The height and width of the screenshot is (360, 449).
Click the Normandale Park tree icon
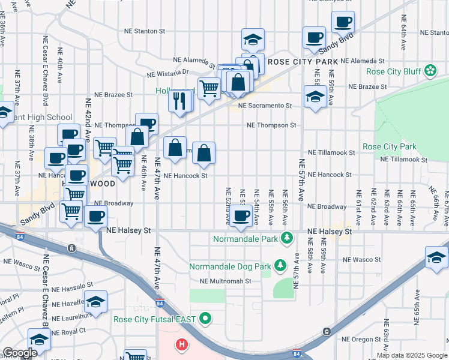pyautogui.click(x=287, y=239)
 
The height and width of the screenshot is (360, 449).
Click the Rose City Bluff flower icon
pyautogui.click(x=430, y=71)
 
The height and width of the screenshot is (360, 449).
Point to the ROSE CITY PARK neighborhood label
pyautogui.click(x=303, y=62)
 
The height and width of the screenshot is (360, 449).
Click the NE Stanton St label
pyautogui.click(x=144, y=31)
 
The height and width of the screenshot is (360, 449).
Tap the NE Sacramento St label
pyautogui.click(x=265, y=106)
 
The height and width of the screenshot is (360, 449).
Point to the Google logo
pyautogui.click(x=19, y=353)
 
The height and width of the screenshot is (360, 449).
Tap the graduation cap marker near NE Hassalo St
pyautogui.click(x=95, y=302)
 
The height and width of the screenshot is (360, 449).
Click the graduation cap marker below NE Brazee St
pyautogui.click(x=315, y=97)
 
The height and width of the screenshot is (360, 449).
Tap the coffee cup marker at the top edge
pyautogui.click(x=343, y=23)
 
